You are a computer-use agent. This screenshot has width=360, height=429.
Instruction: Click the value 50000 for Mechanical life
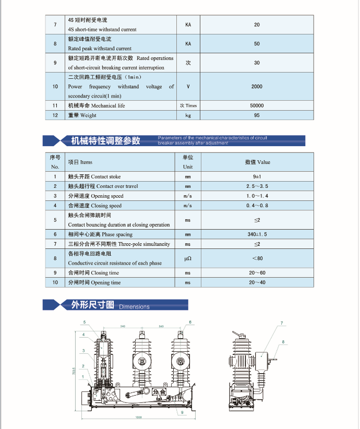coord(257,105)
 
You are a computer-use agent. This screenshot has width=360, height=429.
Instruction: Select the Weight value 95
coord(257,115)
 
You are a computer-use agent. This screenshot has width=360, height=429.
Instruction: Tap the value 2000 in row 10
coord(257,87)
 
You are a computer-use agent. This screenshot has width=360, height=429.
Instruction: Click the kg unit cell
coord(188,115)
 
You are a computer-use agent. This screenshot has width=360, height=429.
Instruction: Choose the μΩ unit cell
coord(188,258)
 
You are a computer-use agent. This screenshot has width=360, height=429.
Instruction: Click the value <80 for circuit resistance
coord(257,258)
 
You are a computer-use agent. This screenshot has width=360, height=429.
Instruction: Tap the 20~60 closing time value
coord(257,273)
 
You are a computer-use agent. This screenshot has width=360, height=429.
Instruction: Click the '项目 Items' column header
coord(80,162)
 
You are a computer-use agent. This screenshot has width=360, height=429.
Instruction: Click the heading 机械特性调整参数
coord(105,140)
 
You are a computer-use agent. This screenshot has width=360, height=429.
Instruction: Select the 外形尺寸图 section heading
coord(92,305)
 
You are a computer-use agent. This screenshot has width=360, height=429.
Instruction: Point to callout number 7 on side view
coord(282,324)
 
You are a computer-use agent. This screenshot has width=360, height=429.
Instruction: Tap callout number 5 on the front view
coord(83,322)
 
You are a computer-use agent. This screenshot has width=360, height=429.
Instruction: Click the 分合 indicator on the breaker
coord(159,391)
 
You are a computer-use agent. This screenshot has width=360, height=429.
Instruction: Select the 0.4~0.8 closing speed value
coord(257,206)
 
